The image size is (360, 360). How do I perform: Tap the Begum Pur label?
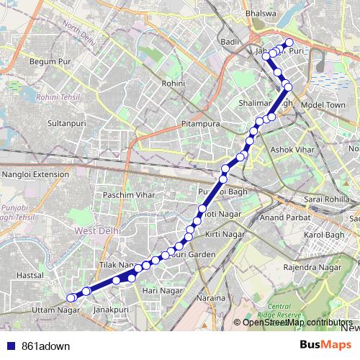[x=47, y=62]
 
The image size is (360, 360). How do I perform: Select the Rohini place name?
[x=174, y=84]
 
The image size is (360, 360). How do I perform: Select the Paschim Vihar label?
[x=127, y=195]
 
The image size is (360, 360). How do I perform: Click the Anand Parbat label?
[x=283, y=216]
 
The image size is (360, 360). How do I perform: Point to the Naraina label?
[x=212, y=297]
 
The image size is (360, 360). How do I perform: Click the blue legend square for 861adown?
[x=9, y=345]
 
